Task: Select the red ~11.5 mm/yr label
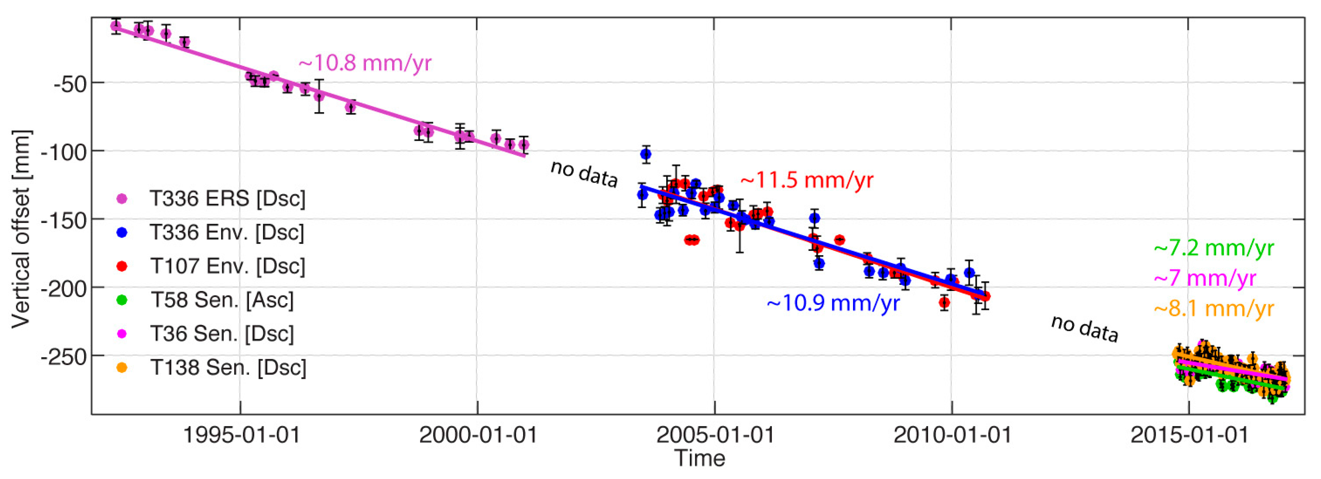pos(806,180)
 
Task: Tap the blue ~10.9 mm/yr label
pos(833,303)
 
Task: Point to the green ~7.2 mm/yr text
pos(1213,248)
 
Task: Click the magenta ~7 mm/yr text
pos(1205,279)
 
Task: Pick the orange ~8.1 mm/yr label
pos(1213,309)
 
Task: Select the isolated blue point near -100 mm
pos(645,154)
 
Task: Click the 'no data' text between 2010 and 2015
pos(1084,329)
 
